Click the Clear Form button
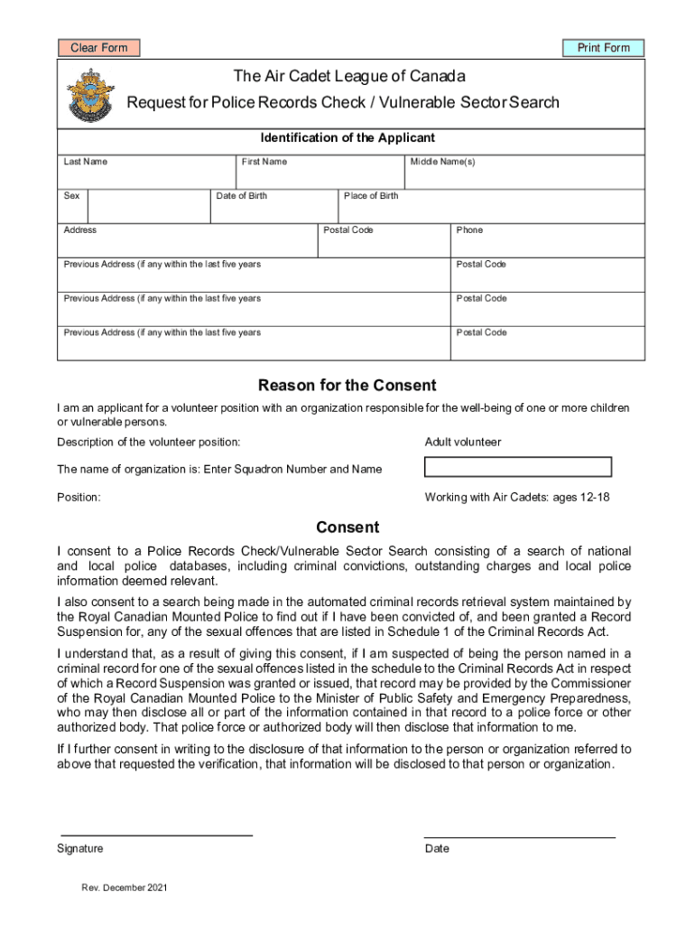click(99, 48)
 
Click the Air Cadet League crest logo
click(90, 96)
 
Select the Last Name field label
click(85, 162)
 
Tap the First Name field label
click(264, 162)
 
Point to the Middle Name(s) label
click(442, 162)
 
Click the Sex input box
click(148, 207)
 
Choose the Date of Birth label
click(242, 196)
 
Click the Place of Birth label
click(371, 196)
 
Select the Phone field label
click(469, 230)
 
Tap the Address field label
click(80, 230)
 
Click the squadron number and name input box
click(517, 467)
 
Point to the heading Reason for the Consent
click(347, 386)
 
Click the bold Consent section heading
click(347, 528)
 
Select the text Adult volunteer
click(462, 443)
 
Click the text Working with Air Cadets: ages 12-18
click(517, 498)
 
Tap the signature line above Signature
click(156, 834)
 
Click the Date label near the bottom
click(437, 849)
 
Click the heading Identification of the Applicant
click(347, 138)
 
